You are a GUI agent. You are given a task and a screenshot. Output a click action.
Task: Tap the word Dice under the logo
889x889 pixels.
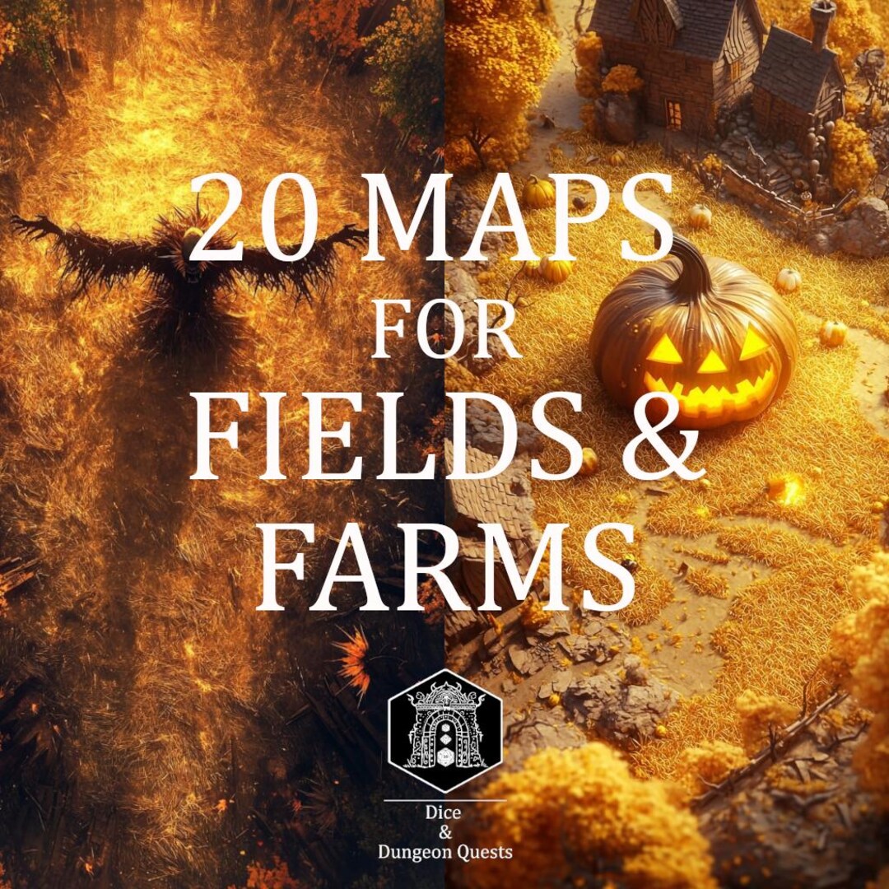point(444,812)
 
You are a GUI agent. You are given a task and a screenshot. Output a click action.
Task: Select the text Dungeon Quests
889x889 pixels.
point(444,851)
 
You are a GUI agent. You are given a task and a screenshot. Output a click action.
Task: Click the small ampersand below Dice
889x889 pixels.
point(444,831)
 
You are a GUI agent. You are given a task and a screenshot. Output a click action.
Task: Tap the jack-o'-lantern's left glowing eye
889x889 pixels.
point(667,349)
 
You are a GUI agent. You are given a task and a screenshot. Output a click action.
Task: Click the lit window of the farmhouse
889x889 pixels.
point(673,114)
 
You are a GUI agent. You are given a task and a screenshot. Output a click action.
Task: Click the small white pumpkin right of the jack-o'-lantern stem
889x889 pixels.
point(788,280)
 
